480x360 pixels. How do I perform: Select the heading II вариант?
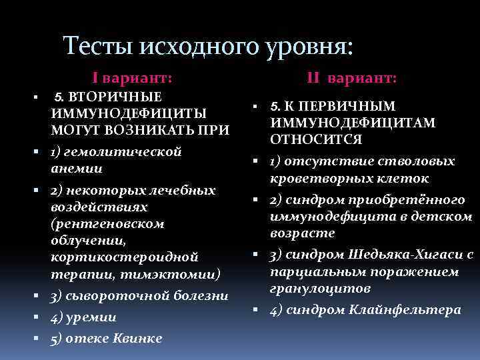click(352, 79)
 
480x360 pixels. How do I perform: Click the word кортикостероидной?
click(125, 257)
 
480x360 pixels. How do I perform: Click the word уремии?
click(91, 317)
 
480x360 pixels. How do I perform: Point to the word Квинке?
click(137, 338)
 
